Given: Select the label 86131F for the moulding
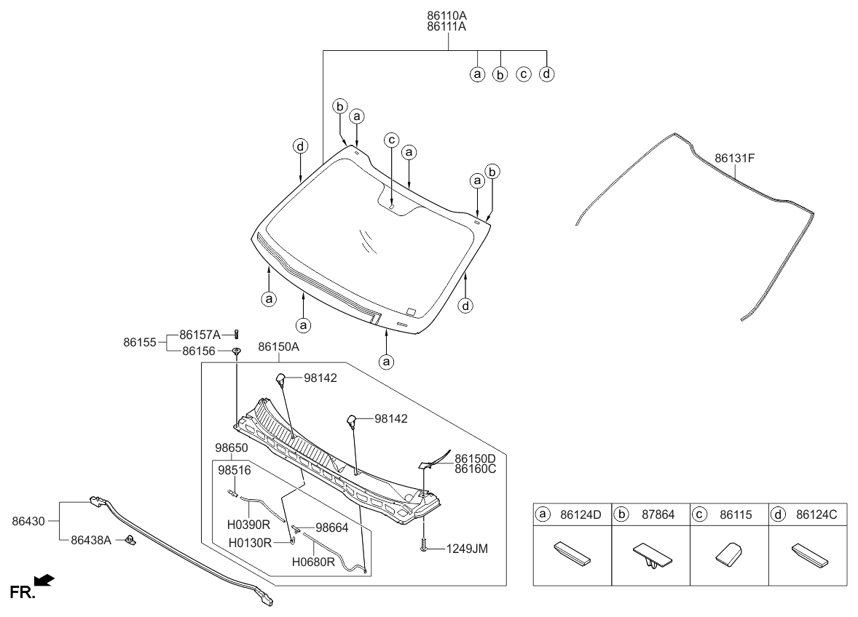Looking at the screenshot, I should [x=735, y=157].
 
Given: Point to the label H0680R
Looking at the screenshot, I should [x=313, y=561].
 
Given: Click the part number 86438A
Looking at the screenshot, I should [x=90, y=541].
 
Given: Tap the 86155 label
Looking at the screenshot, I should [x=139, y=341].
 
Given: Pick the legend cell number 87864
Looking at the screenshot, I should [x=658, y=514].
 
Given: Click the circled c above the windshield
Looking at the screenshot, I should [x=391, y=140].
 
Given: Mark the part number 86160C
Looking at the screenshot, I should [x=475, y=469].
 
